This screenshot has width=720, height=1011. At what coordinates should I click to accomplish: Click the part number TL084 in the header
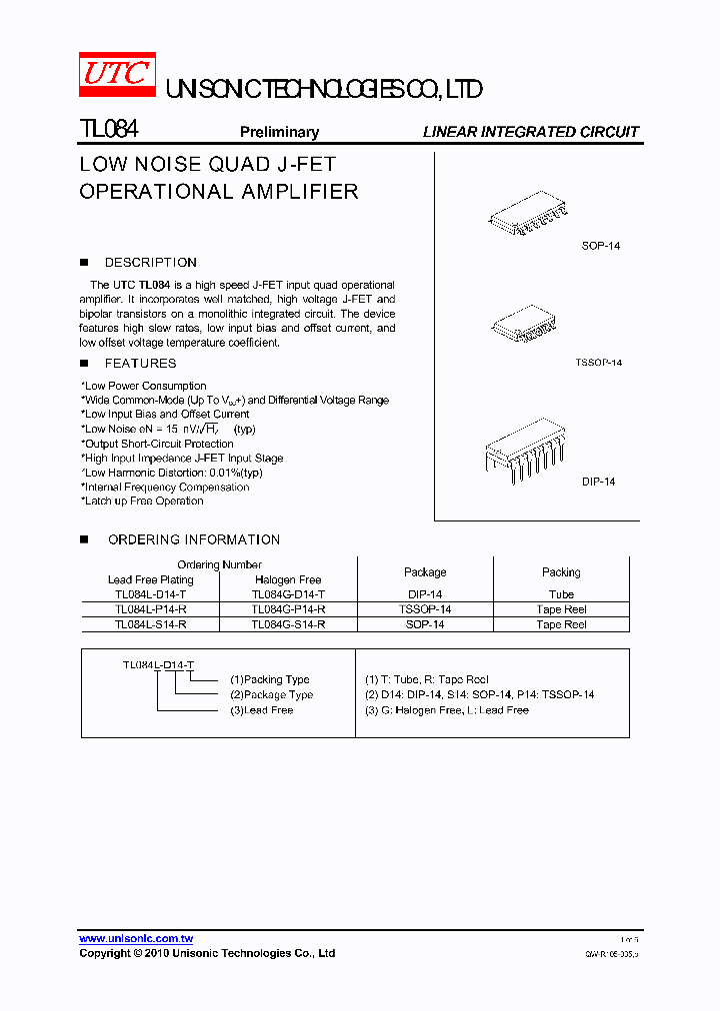[108, 130]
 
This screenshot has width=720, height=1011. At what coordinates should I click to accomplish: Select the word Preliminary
[279, 132]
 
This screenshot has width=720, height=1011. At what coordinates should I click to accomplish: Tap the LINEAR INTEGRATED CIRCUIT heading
[530, 132]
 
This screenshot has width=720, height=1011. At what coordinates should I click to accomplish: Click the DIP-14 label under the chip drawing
[598, 482]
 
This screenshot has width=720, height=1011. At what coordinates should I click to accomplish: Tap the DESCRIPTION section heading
[150, 263]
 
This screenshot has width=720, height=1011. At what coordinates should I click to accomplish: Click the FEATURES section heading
[140, 364]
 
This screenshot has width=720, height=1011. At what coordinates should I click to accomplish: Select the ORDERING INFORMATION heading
[193, 539]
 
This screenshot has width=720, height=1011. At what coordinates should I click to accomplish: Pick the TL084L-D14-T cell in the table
[150, 594]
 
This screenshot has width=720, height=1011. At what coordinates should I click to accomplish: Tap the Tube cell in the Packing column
[561, 594]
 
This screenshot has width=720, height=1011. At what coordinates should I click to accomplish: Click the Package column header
[425, 572]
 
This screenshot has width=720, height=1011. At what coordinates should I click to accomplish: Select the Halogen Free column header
[288, 579]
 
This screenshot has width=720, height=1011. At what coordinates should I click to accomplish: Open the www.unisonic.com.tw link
[136, 939]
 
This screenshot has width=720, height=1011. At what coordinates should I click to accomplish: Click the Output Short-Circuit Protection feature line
[158, 444]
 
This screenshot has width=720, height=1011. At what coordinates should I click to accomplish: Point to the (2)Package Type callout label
[271, 695]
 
